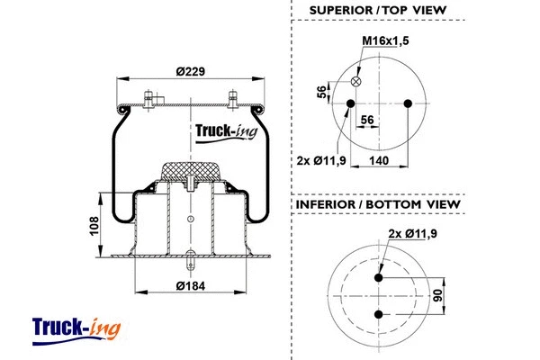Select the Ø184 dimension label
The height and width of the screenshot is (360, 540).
pos(188,285)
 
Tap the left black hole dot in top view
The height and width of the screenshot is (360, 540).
pos(348,103)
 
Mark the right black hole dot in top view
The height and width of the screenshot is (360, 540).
pos(409,103)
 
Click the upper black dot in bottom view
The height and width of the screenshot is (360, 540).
pos(379,278)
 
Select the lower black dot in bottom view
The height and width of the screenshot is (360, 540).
pos(379,313)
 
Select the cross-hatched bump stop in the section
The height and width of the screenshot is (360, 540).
pos(189,171)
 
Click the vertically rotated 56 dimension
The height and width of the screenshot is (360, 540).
pos(322,93)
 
